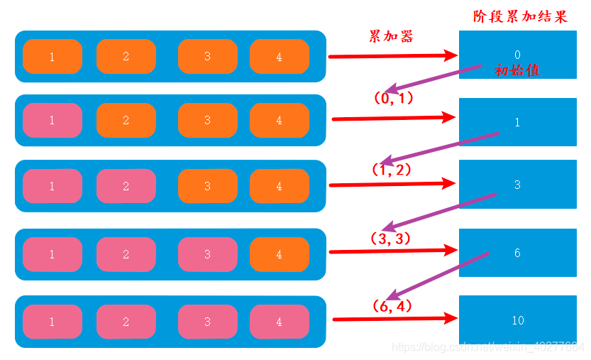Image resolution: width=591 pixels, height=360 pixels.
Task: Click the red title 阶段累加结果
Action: (520, 17)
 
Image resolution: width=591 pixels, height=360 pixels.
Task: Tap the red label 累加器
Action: (390, 37)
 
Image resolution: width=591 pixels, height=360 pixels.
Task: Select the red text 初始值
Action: (517, 71)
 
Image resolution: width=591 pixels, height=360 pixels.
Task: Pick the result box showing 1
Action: (517, 122)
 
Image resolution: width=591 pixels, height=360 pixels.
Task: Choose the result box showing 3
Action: (517, 185)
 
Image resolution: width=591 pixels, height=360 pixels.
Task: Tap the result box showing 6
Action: (517, 253)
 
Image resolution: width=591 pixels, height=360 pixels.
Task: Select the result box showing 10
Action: (517, 320)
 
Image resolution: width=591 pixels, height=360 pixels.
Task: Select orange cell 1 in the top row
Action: (52, 57)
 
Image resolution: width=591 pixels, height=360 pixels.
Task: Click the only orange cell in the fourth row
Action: (279, 254)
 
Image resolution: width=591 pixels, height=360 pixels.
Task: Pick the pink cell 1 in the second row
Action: (52, 121)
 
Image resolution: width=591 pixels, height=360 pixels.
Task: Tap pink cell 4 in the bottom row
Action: (279, 322)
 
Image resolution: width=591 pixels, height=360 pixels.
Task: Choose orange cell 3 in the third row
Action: (207, 186)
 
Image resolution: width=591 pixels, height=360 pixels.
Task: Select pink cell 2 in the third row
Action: (126, 186)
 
